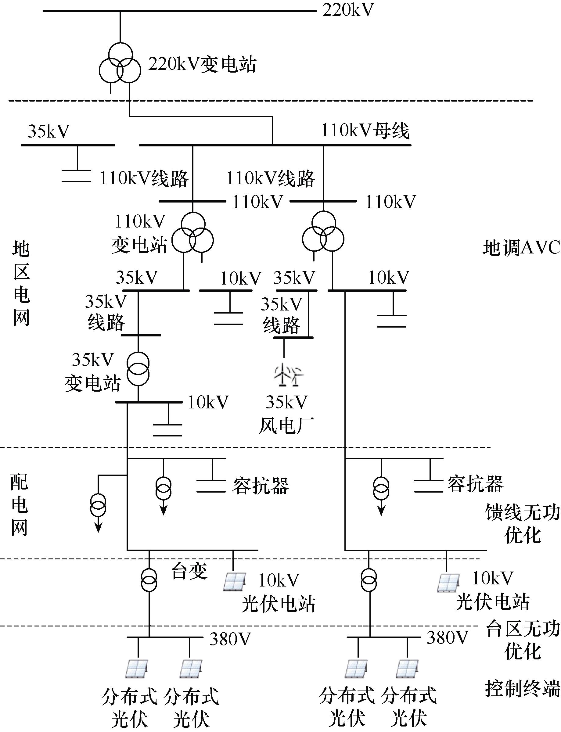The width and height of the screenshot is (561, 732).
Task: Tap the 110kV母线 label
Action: click(x=365, y=131)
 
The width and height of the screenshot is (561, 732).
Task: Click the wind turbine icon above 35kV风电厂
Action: click(x=288, y=375)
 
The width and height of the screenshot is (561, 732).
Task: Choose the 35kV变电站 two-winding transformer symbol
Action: click(x=138, y=369)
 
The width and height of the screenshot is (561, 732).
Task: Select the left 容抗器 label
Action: click(x=261, y=486)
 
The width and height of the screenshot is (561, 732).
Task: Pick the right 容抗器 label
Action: click(x=475, y=484)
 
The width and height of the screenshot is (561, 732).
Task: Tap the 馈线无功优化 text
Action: click(x=522, y=524)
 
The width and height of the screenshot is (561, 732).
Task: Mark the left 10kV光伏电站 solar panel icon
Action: click(x=235, y=582)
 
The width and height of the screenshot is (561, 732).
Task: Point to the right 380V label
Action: click(x=448, y=638)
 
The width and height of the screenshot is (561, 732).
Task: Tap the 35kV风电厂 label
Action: click(x=286, y=414)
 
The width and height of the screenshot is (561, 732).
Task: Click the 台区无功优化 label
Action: click(x=522, y=640)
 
